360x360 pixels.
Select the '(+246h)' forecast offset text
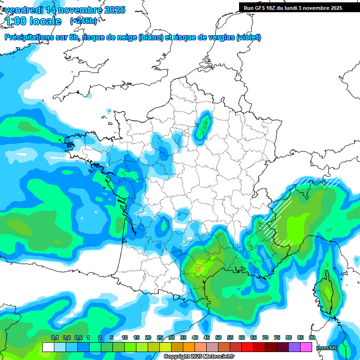[x=83, y=21]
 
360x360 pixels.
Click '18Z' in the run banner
[x=272, y=8]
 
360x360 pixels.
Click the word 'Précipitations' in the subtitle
[x=29, y=37]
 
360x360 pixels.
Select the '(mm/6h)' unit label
[x=327, y=348]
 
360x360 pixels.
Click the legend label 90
[x=312, y=337]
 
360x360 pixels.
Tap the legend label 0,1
[x=55, y=337]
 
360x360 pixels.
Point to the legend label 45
[x=207, y=337]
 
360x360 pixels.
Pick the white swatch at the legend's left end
[x=48, y=347]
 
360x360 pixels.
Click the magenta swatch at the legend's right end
[x=306, y=347]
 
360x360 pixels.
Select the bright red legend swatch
[x=247, y=347]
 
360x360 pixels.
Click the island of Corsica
[x=327, y=294]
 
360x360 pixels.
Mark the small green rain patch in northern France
[x=203, y=126]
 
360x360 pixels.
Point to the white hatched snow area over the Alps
[x=282, y=220]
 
